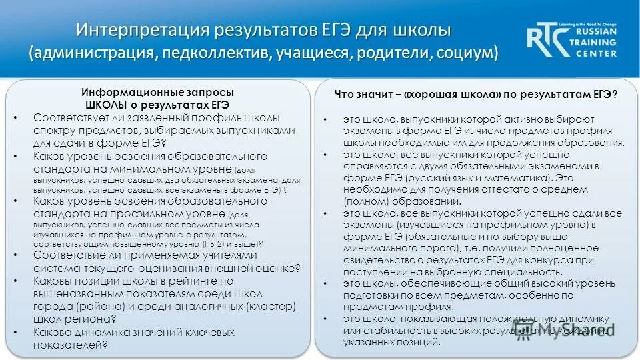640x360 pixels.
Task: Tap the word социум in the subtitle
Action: click(466, 53)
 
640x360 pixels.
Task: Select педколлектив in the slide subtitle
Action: click(213, 53)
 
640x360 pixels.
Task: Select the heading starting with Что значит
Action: click(475, 95)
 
